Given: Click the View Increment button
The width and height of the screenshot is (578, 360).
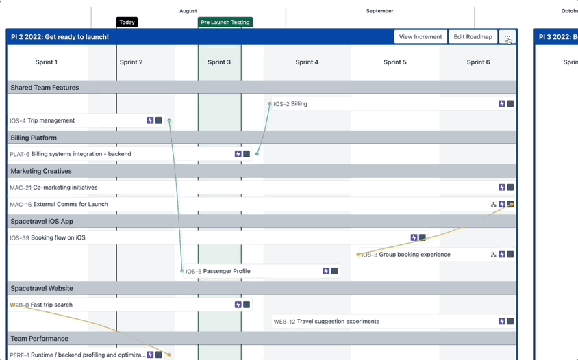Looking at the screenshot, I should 420,37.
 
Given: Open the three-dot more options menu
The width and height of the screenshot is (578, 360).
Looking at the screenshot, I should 507,37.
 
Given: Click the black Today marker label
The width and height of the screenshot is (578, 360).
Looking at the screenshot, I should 127,23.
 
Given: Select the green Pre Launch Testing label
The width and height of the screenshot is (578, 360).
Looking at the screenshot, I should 225,23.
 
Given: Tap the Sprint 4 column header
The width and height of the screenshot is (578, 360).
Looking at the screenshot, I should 307,62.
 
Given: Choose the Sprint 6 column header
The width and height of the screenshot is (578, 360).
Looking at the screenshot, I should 478,62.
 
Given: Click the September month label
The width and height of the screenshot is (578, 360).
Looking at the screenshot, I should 379,11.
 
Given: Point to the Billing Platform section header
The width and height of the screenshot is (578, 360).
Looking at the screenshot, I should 34,138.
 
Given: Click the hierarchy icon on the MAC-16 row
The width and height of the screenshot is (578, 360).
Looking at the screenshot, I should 494,205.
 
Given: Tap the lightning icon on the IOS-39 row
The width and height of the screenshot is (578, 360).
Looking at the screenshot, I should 414,238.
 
